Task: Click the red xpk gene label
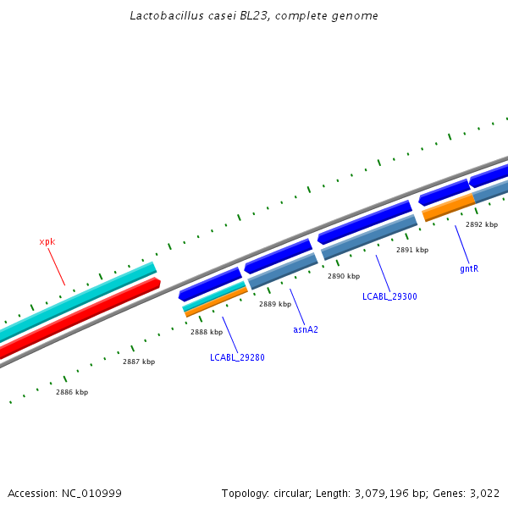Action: click(47, 242)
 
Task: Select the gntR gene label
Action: click(469, 268)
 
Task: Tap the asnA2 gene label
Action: click(306, 329)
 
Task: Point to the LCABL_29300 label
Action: click(389, 296)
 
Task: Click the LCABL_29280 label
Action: click(237, 357)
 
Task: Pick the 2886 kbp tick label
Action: click(72, 392)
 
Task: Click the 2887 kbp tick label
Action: click(139, 362)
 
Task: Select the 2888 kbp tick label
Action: click(207, 332)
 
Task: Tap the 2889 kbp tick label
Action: click(275, 304)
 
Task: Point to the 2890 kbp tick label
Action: click(344, 276)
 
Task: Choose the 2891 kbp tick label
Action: click(412, 250)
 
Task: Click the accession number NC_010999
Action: click(91, 493)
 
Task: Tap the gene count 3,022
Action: click(484, 493)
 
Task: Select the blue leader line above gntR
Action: click(461, 244)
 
